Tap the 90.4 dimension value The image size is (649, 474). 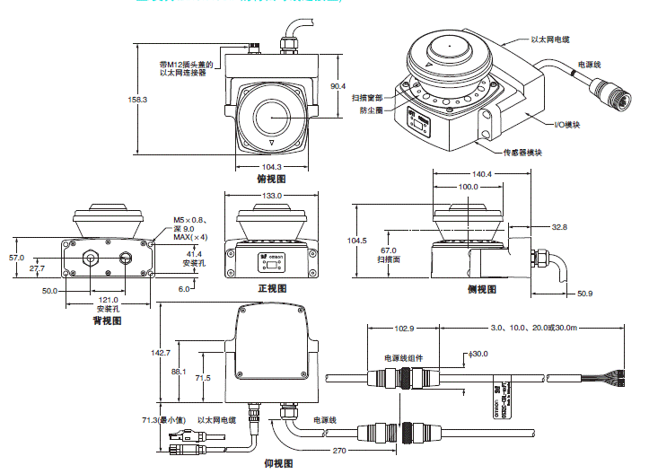(x=338, y=85)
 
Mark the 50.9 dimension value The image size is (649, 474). (x=584, y=294)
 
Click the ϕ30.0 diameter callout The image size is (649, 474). (x=480, y=353)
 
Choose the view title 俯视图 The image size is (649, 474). (x=271, y=179)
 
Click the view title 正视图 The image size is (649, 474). (x=271, y=289)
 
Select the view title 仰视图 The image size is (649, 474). (x=277, y=464)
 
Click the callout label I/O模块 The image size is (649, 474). (x=567, y=125)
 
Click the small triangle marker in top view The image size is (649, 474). (x=272, y=144)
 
